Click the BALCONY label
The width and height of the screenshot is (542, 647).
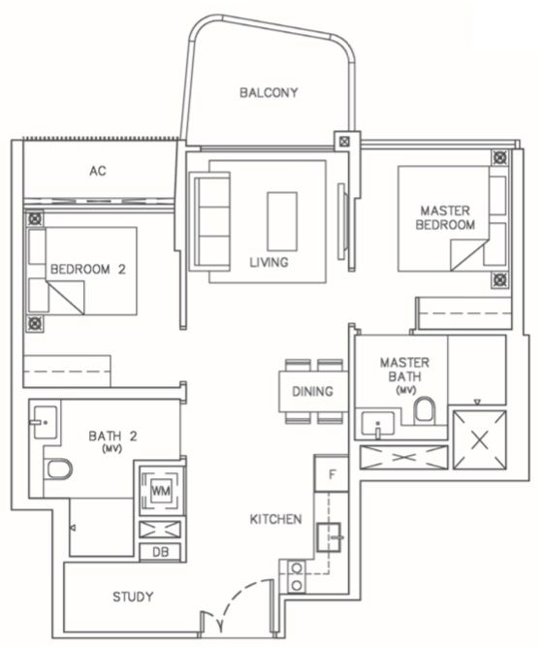(x=269, y=92)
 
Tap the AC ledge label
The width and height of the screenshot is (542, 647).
(x=98, y=171)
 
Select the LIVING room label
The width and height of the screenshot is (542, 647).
(x=269, y=262)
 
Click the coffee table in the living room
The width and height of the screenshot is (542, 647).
(x=282, y=221)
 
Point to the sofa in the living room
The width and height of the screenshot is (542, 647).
(x=209, y=221)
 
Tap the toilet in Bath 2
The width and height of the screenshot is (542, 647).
(x=58, y=469)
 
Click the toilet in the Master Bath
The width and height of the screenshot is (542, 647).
(x=425, y=409)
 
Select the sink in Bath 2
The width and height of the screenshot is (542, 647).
(x=44, y=422)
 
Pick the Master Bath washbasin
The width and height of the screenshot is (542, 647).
(x=378, y=423)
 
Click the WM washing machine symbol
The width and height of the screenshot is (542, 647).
(x=161, y=491)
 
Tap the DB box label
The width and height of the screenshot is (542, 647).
(x=160, y=552)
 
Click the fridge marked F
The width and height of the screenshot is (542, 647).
(x=332, y=473)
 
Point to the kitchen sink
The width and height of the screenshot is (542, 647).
(x=329, y=536)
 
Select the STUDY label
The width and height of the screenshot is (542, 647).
(x=133, y=597)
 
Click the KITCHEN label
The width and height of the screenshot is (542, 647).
(x=275, y=519)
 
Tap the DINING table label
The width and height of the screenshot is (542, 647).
(x=312, y=391)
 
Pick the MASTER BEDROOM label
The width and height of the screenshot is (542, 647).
(x=445, y=217)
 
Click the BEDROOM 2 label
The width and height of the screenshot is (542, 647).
(x=88, y=270)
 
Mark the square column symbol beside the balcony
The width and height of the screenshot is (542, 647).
(x=344, y=142)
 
